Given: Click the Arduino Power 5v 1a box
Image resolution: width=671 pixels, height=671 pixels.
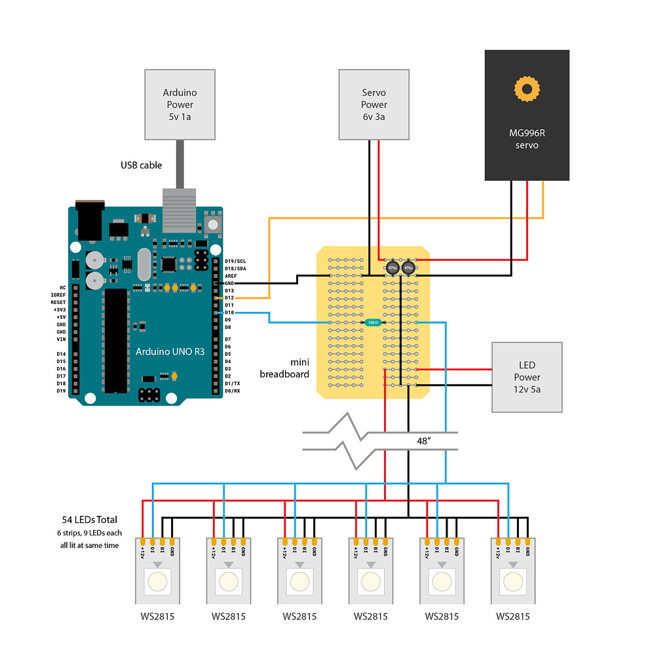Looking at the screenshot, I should [180, 105].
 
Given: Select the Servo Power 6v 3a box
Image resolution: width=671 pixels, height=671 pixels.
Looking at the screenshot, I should [374, 105].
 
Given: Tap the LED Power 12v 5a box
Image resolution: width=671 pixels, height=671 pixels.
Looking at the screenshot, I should [527, 377].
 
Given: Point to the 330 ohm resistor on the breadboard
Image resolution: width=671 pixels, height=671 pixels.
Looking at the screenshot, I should [372, 322].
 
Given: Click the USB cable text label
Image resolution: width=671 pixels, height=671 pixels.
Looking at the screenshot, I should [141, 165].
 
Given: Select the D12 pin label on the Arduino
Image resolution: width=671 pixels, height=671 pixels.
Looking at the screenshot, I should [229, 297].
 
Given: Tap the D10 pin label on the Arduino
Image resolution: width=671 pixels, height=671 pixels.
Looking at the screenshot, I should [229, 313].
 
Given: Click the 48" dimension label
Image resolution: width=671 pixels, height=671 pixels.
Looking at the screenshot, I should [423, 441].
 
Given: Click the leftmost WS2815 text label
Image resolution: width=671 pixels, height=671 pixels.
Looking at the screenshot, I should [157, 616].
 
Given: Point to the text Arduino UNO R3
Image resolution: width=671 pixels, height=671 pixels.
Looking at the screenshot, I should [170, 352].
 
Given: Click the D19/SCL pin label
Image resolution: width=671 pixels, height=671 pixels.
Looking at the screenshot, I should [235, 261].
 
